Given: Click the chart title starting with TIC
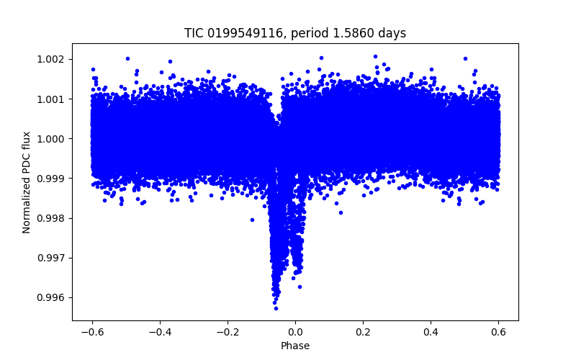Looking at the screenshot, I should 295,33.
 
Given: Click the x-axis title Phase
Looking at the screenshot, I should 295,346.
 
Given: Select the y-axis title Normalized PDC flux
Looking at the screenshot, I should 27,182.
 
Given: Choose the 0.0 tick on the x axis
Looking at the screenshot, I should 295,332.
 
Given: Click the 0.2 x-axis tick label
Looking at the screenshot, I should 363,332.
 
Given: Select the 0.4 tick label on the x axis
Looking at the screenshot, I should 431,332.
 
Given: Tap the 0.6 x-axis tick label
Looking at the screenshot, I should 498,332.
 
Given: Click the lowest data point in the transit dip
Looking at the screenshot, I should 276,308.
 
